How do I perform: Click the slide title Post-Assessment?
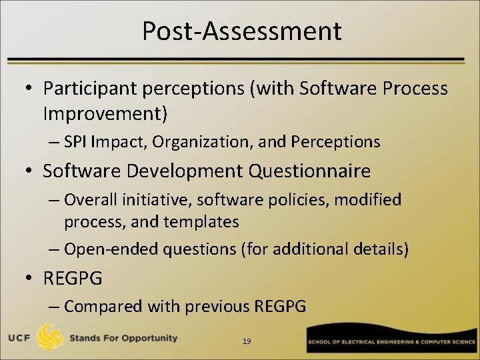(241, 31)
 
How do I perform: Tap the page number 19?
(247, 341)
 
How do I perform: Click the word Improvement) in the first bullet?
(105, 113)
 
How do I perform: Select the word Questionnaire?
(310, 171)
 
